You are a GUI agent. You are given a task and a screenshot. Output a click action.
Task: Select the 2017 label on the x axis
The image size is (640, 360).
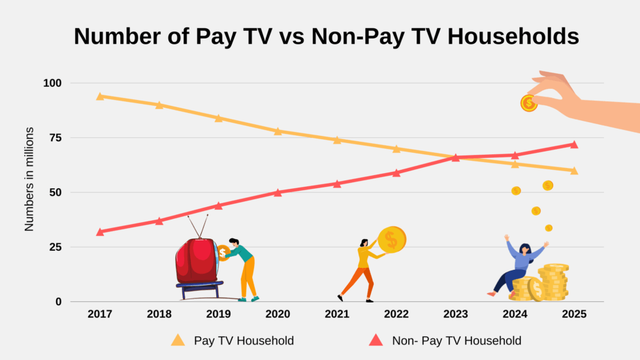pyautogui.click(x=100, y=314)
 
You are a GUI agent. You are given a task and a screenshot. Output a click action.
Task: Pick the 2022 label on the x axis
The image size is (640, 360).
pyautogui.click(x=396, y=314)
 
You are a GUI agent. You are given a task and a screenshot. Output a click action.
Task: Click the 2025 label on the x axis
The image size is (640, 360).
pyautogui.click(x=574, y=314)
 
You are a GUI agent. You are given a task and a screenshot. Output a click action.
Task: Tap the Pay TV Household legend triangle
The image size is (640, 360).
pyautogui.click(x=178, y=340)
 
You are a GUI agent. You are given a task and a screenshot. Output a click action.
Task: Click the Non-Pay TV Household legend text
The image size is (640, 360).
pyautogui.click(x=456, y=340)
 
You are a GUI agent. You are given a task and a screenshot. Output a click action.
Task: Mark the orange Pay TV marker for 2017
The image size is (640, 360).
pyautogui.click(x=100, y=96)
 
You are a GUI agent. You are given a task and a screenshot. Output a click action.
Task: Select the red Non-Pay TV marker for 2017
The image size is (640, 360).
pyautogui.click(x=100, y=231)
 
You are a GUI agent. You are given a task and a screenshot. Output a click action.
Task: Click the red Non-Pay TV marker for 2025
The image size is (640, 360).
pyautogui.click(x=574, y=144)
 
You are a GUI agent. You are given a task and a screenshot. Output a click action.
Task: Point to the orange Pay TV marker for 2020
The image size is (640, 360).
pyautogui.click(x=278, y=131)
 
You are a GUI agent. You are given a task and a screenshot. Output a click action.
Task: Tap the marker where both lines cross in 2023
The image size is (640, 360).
pyautogui.click(x=455, y=157)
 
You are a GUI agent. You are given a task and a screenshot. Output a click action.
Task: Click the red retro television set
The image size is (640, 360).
pyautogui.click(x=196, y=261)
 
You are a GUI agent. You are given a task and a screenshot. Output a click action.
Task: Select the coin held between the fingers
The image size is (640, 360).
pyautogui.click(x=528, y=103)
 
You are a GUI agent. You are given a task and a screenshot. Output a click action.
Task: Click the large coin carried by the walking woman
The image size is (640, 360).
pyautogui.click(x=392, y=240)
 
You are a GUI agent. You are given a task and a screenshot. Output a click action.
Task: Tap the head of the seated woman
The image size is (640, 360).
pyautogui.click(x=524, y=249)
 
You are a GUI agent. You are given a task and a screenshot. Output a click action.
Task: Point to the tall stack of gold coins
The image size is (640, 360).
pyautogui.click(x=554, y=281)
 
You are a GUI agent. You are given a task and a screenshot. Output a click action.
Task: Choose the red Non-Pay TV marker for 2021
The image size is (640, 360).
pyautogui.click(x=337, y=184)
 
